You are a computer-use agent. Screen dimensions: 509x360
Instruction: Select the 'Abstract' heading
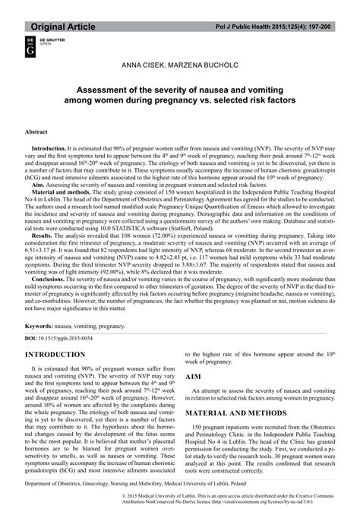tap(37, 131)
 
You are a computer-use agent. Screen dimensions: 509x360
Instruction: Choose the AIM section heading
tap(194, 376)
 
